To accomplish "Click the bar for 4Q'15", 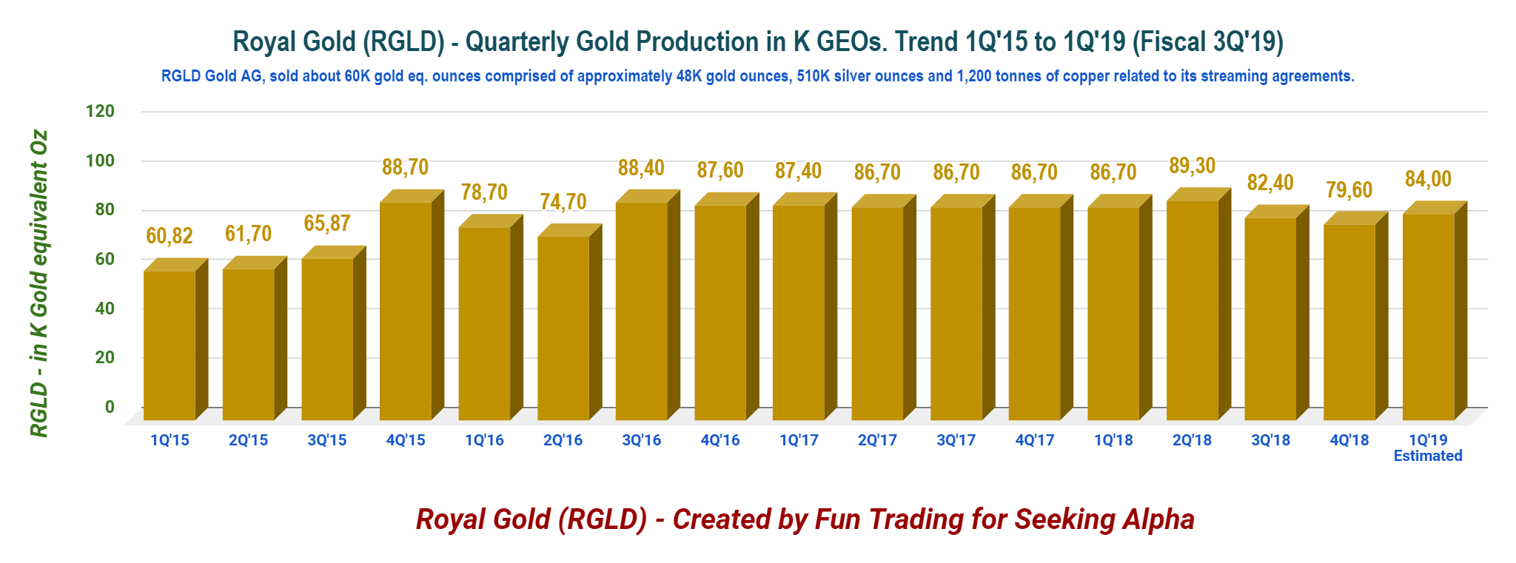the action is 412,305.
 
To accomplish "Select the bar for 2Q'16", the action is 569,322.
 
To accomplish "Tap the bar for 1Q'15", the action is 175,339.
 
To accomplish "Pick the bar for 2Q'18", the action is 1198,304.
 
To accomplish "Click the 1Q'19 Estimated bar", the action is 1435,311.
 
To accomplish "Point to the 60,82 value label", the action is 170,236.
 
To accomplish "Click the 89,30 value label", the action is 1193,166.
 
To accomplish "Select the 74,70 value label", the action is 563,201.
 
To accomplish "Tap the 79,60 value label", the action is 1349,190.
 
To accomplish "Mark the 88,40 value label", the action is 642,168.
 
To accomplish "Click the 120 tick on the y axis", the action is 100,112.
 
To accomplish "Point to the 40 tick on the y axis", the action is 105,309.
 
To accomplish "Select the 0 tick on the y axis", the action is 110,407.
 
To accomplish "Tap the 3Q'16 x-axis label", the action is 642,440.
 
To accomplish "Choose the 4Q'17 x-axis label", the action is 1035,440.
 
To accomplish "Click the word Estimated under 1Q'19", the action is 1428,456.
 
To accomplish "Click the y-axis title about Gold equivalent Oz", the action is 38,284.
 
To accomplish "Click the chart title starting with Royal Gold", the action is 758,41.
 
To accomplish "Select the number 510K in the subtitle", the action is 814,76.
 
